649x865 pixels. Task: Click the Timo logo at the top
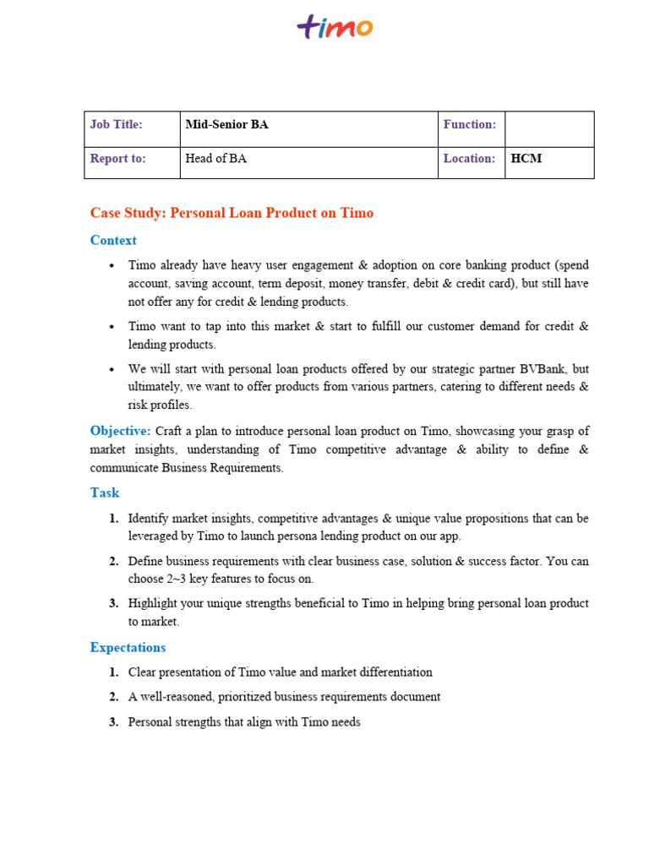click(335, 27)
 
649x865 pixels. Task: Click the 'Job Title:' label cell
click(117, 125)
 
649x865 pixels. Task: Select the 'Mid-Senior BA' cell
click(226, 125)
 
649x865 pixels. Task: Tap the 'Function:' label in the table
click(470, 125)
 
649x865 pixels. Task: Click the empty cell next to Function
click(549, 128)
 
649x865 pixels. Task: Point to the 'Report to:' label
click(118, 159)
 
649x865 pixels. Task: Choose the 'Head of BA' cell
click(216, 159)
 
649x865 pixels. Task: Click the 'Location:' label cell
click(470, 159)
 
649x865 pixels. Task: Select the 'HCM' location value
click(526, 159)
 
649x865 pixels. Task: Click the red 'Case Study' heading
click(232, 213)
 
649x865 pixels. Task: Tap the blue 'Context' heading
click(113, 241)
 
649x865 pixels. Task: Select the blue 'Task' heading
click(105, 493)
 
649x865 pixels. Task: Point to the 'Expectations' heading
click(128, 648)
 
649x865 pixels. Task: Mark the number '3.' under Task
click(113, 604)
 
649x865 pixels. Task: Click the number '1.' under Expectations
click(113, 673)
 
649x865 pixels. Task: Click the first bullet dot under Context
click(112, 266)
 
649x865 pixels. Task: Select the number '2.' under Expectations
click(113, 698)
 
